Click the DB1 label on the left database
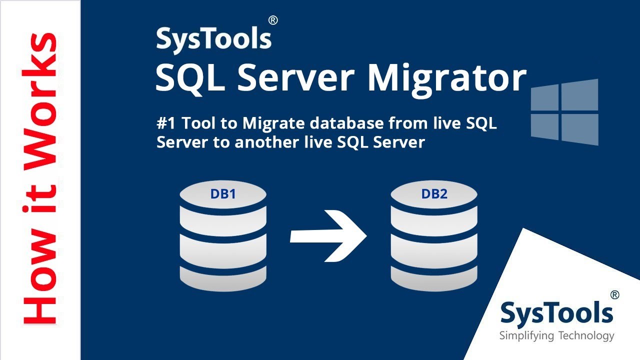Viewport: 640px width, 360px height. [223, 194]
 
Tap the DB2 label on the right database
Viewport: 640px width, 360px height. [434, 194]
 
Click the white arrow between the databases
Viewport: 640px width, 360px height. [328, 236]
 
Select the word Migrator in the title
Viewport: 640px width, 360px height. [447, 78]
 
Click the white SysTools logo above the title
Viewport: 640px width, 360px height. [213, 40]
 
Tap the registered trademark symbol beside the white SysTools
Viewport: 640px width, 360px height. [273, 20]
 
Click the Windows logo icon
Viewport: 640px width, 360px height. [564, 112]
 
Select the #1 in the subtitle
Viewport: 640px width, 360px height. [166, 123]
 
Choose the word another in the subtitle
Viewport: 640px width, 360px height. [266, 142]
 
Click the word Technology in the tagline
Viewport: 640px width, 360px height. [586, 336]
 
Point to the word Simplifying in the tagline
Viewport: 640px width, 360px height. [526, 336]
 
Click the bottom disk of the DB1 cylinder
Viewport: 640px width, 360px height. [223, 278]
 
